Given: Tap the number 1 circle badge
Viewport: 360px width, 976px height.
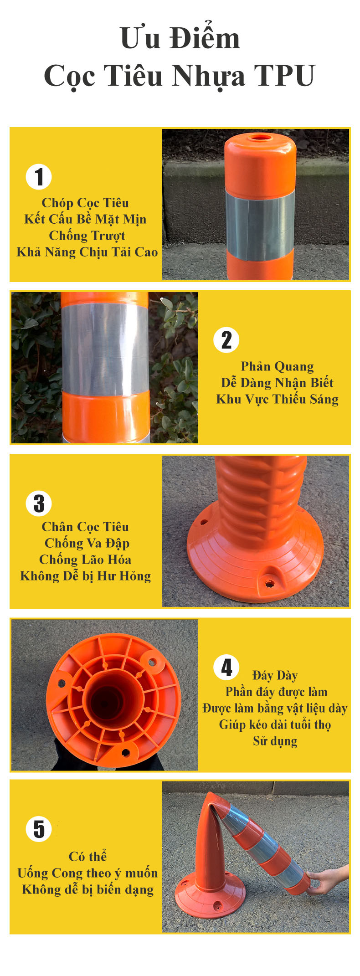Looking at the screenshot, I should coord(39,177).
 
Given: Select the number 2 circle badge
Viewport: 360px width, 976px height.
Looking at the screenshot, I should coord(226,340).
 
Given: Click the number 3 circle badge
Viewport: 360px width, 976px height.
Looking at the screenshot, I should coord(39,503).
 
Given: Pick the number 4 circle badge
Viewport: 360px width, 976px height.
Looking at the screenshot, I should coord(226,668).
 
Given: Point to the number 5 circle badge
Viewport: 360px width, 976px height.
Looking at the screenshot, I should coord(39,829).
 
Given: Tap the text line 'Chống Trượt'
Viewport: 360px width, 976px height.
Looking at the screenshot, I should coord(87,236).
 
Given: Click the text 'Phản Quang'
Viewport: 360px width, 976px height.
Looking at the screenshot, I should coord(277,366).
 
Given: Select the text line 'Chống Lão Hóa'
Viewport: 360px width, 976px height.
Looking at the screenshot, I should coord(85,560).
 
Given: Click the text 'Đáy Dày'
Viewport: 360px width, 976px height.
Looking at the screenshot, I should coord(275,675).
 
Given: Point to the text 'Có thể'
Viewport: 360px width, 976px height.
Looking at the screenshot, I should coord(87,857).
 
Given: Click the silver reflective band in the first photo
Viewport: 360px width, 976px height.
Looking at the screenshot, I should coord(260,220).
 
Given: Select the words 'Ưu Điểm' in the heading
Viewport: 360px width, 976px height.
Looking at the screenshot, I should coord(180,38).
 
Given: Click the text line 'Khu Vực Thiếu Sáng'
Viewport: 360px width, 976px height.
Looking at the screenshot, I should coord(277,399).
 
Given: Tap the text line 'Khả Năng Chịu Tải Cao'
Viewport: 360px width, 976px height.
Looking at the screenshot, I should coord(87,252).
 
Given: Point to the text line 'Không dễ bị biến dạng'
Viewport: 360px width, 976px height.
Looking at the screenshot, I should coord(87,889).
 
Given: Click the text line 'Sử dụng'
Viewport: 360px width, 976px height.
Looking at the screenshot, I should coord(275,741).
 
